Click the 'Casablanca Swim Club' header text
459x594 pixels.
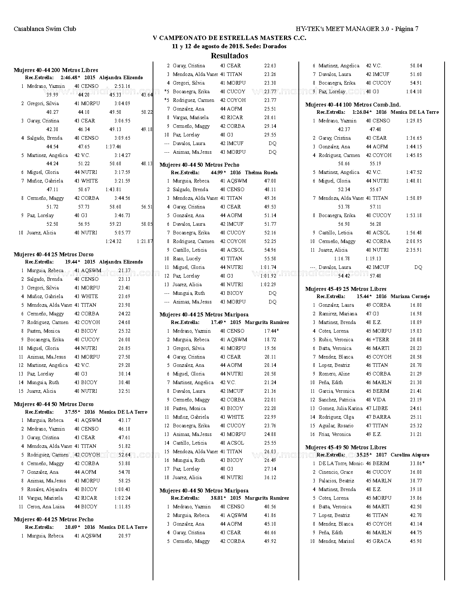[x=45, y=29]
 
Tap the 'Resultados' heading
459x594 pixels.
[x=229, y=56]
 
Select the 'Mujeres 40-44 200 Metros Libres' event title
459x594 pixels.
[x=56, y=70]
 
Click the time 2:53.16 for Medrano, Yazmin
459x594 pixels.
[x=122, y=86]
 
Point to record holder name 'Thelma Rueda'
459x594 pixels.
[x=261, y=173]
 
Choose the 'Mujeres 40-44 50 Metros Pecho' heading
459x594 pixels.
[x=199, y=165]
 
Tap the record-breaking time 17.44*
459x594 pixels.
[x=271, y=331]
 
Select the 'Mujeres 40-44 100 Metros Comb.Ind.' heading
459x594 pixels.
[x=353, y=105]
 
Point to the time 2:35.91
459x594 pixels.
[x=414, y=250]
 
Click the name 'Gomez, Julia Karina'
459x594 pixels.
[x=341, y=409]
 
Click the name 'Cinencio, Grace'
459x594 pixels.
[x=336, y=472]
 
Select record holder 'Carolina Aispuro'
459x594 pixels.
[x=410, y=455]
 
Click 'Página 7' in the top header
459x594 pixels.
[x=406, y=29]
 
